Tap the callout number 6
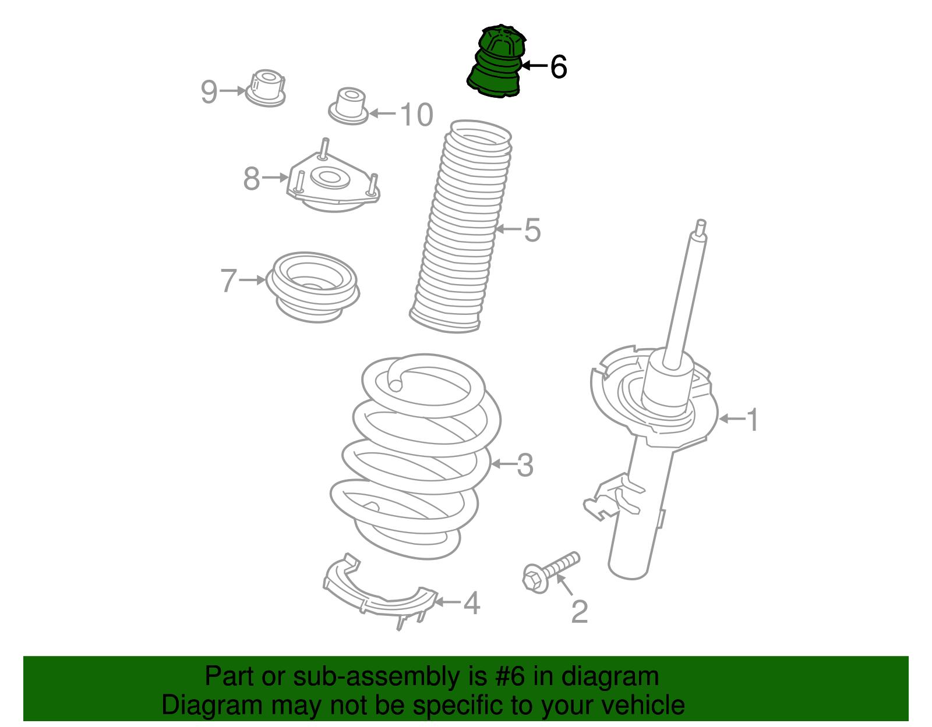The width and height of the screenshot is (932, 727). [x=558, y=67]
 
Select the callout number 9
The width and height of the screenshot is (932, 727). [x=209, y=92]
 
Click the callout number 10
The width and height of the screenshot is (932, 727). [x=416, y=115]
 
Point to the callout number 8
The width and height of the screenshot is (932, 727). [x=251, y=178]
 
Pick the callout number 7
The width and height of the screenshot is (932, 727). [x=228, y=280]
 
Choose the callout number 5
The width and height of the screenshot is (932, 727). [x=532, y=230]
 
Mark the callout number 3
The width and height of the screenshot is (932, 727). [x=525, y=465]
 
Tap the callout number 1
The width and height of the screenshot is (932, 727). [x=753, y=420]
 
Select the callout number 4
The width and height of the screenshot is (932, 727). [x=472, y=603]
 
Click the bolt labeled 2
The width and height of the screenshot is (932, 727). [x=551, y=572]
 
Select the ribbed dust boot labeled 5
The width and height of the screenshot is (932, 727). [x=461, y=226]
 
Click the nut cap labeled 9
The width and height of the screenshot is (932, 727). [x=266, y=88]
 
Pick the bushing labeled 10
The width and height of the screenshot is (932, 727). [x=349, y=107]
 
